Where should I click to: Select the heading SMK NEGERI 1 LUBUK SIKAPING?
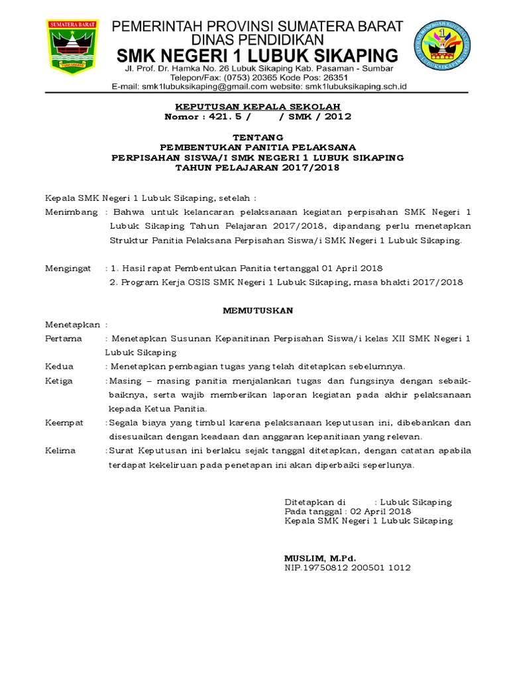(257, 54)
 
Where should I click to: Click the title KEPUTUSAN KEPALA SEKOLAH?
(258, 106)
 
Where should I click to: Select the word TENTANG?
(258, 137)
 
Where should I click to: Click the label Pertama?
(64, 338)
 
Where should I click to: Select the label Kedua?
(60, 366)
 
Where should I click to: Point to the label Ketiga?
(60, 381)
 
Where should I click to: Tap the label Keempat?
(64, 422)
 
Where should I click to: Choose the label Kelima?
(60, 451)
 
